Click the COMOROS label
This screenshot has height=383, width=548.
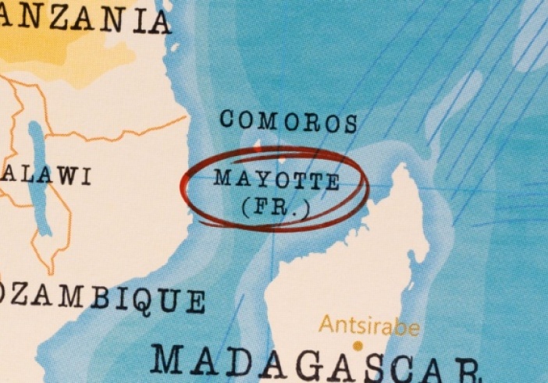(288, 121)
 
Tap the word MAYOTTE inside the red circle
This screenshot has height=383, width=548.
(276, 179)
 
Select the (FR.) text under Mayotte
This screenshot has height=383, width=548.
(276, 207)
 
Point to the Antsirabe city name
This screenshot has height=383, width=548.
(369, 326)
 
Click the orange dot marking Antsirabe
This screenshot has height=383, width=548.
(358, 345)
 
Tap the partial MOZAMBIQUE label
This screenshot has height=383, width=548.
(101, 297)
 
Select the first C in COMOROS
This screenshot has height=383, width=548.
(228, 119)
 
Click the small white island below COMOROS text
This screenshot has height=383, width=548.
(259, 145)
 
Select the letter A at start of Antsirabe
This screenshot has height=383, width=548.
(326, 324)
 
